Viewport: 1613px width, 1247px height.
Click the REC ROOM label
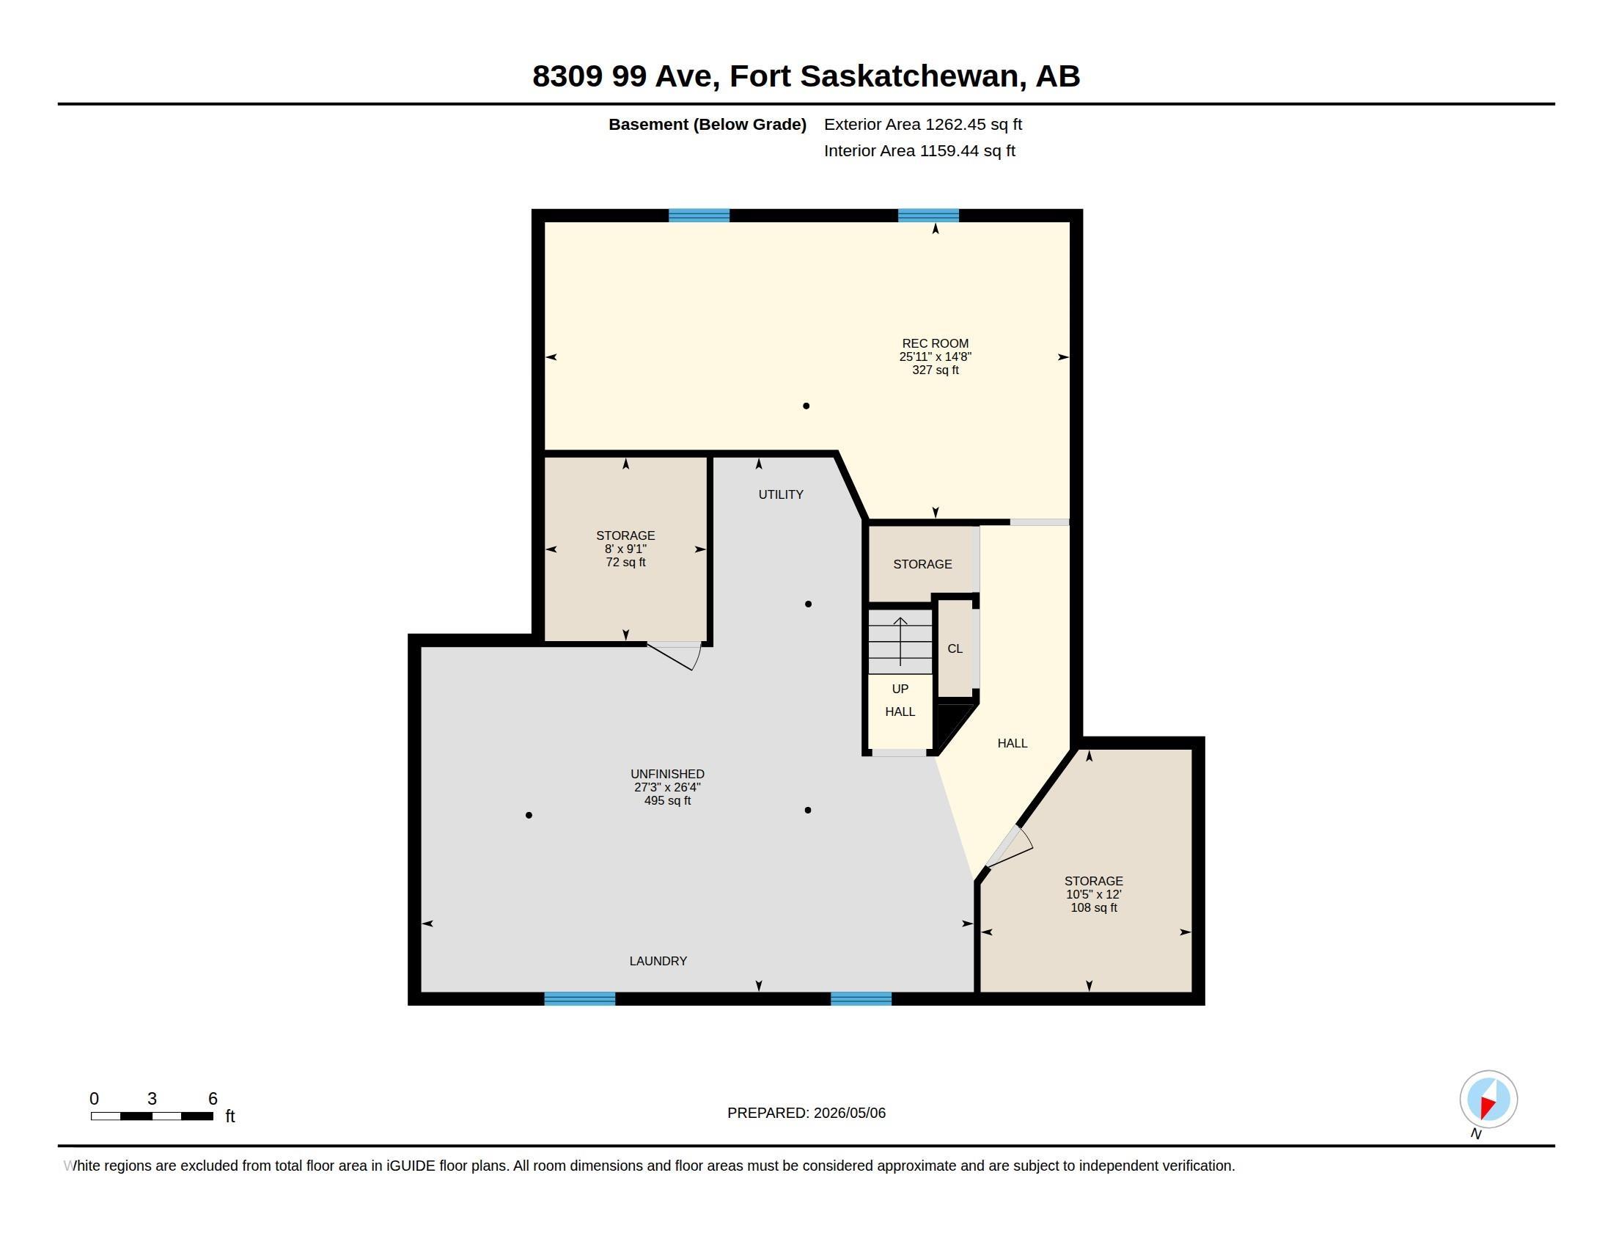935,343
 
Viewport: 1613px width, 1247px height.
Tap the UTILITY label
781,494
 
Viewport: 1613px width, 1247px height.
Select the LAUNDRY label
658,961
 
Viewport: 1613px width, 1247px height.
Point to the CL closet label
955,648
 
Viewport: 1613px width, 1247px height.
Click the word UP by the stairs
900,689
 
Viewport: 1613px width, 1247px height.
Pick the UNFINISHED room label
668,773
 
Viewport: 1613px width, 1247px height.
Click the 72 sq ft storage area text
625,562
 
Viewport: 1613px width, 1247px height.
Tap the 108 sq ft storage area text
1094,907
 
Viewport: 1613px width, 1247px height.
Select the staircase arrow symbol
900,640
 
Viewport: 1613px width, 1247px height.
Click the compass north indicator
1488,1100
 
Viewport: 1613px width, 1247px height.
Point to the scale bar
153,1116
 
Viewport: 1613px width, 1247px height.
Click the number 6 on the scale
213,1099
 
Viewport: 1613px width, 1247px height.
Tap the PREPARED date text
806,1113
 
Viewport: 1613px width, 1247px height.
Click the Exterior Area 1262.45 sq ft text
923,124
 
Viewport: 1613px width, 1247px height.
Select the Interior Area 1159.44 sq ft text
919,150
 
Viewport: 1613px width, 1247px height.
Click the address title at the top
806,76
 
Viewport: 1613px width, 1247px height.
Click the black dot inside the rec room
806,406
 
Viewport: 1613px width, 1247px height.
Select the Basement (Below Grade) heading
708,124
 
